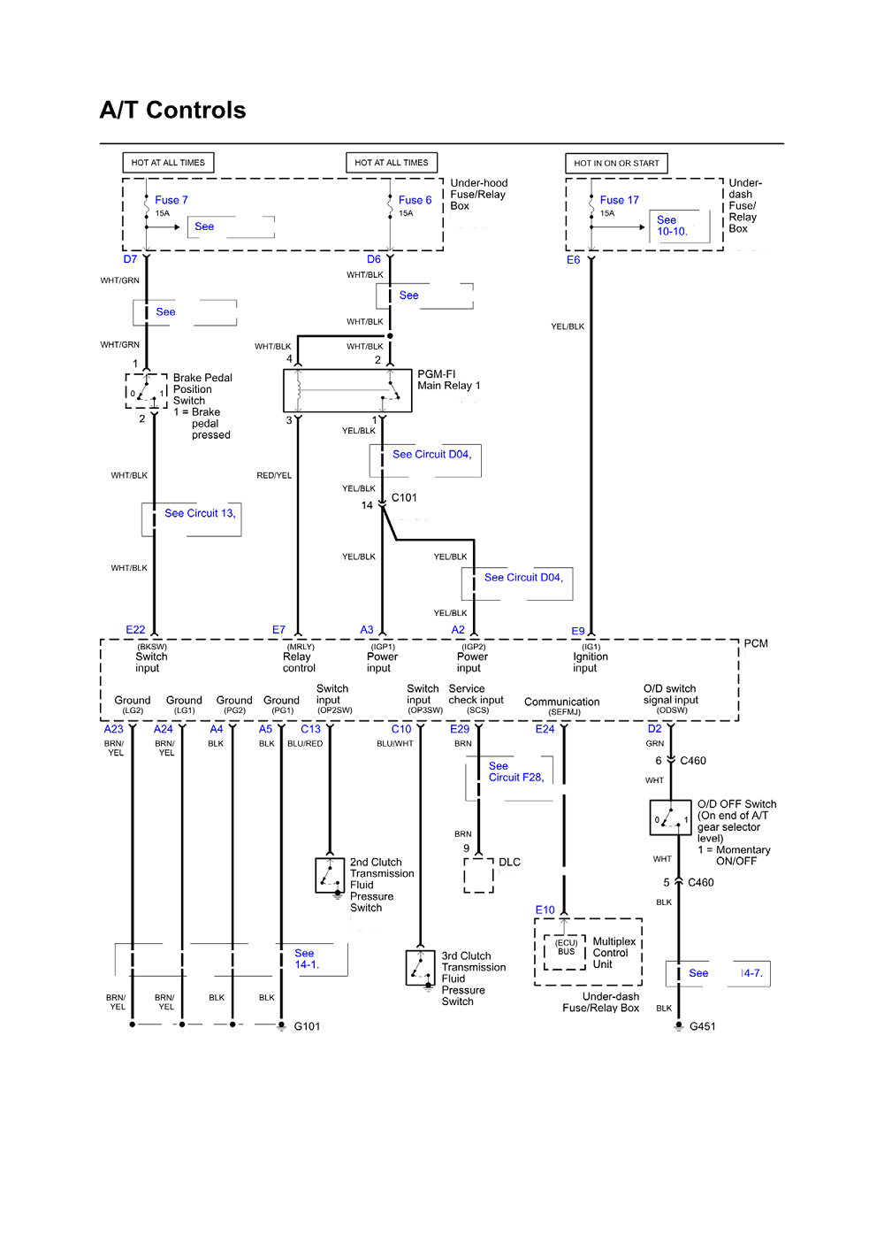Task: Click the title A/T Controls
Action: click(172, 111)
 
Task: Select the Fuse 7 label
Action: click(171, 200)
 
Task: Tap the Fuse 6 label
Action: click(415, 200)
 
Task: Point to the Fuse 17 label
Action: click(619, 200)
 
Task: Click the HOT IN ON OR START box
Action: click(616, 163)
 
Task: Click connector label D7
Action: click(130, 259)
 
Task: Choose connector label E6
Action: click(573, 260)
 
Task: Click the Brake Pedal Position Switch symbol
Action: click(147, 391)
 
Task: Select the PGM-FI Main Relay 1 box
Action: click(347, 390)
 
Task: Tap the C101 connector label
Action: click(404, 498)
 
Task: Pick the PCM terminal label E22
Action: click(135, 630)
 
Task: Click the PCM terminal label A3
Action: click(367, 630)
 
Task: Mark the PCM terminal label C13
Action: click(310, 729)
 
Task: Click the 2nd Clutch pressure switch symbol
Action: click(330, 875)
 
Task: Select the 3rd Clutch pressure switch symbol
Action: click(420, 967)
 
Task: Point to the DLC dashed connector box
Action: click(478, 875)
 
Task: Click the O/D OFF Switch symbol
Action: click(670, 818)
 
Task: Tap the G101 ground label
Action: click(307, 1026)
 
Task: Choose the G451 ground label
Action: click(702, 1026)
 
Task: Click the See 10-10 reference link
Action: click(672, 226)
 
